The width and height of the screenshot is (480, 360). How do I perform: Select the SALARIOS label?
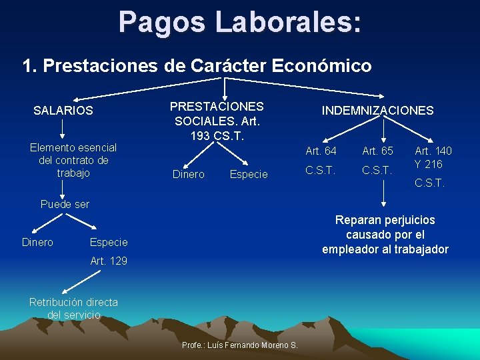pyautogui.click(x=63, y=111)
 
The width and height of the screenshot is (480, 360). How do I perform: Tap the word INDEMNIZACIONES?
pyautogui.click(x=377, y=111)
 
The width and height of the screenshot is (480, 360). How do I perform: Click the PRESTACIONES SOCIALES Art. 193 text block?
pyautogui.click(x=217, y=121)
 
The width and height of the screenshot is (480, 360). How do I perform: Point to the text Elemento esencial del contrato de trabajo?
pyautogui.click(x=73, y=160)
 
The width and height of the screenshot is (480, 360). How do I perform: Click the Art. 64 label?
pyautogui.click(x=321, y=151)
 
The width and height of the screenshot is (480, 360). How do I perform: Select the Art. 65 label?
pyautogui.click(x=377, y=151)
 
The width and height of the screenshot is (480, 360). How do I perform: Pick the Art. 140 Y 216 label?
pyautogui.click(x=433, y=157)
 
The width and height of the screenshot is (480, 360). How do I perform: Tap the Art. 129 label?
pyautogui.click(x=109, y=260)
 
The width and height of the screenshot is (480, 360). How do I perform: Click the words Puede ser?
pyautogui.click(x=65, y=204)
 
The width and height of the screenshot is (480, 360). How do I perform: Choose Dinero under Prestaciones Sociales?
pyautogui.click(x=188, y=175)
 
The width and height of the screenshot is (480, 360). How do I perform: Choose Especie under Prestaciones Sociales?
pyautogui.click(x=248, y=175)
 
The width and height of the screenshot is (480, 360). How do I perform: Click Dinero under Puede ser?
pyautogui.click(x=37, y=242)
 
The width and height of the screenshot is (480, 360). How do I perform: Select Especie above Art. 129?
pyautogui.click(x=109, y=242)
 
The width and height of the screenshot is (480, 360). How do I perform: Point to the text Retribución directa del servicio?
pyautogui.click(x=73, y=308)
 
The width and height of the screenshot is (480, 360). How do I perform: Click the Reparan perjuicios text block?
pyautogui.click(x=385, y=235)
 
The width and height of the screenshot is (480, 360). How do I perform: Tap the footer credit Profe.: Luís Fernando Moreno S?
pyautogui.click(x=240, y=345)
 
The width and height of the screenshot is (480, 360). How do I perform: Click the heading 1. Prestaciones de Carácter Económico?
pyautogui.click(x=197, y=66)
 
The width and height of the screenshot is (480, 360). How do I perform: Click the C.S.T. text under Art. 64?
pyautogui.click(x=320, y=170)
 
